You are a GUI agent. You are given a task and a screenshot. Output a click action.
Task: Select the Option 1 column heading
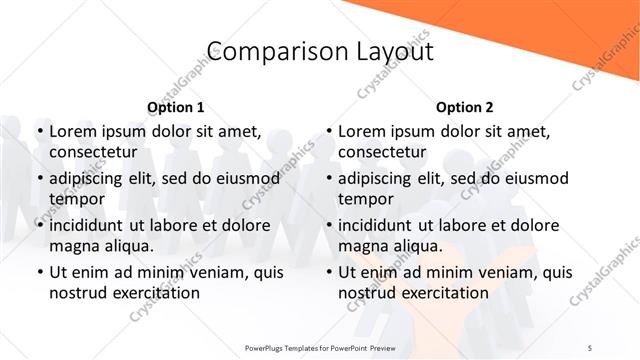[x=176, y=107]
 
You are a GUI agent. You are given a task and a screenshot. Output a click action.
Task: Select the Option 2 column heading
[x=465, y=107]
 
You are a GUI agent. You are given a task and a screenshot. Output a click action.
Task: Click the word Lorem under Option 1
[x=71, y=131]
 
